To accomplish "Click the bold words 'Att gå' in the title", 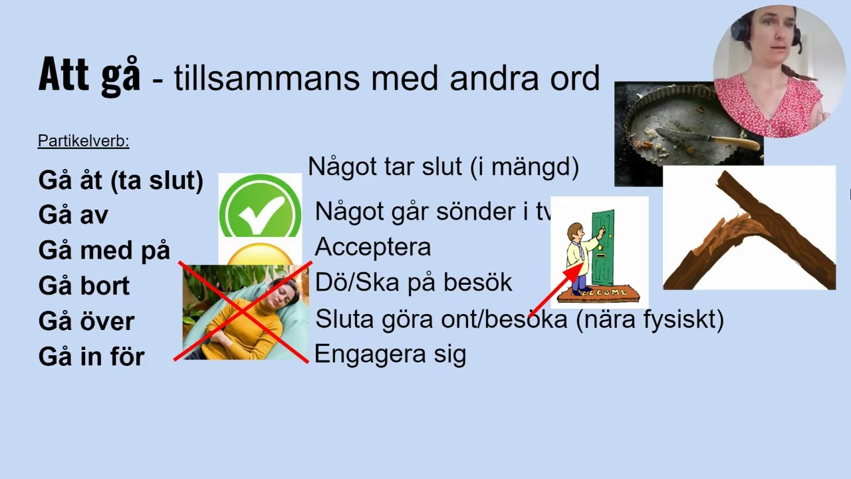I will pyautogui.click(x=89, y=75).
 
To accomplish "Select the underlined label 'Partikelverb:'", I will pyautogui.click(x=83, y=141).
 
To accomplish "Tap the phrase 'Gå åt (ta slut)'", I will pyautogui.click(x=120, y=180).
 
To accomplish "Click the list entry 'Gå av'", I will pyautogui.click(x=73, y=216).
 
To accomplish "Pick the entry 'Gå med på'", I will pyautogui.click(x=104, y=251).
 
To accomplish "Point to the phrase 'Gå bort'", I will pyautogui.click(x=84, y=286).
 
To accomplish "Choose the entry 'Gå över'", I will pyautogui.click(x=86, y=321).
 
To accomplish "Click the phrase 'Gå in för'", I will pyautogui.click(x=91, y=357).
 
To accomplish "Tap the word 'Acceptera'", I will pyautogui.click(x=372, y=247).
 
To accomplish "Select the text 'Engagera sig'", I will pyautogui.click(x=390, y=354).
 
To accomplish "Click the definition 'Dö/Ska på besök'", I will pyautogui.click(x=413, y=282).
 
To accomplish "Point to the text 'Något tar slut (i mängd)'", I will pyautogui.click(x=443, y=166).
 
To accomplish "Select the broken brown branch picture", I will pyautogui.click(x=749, y=228).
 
